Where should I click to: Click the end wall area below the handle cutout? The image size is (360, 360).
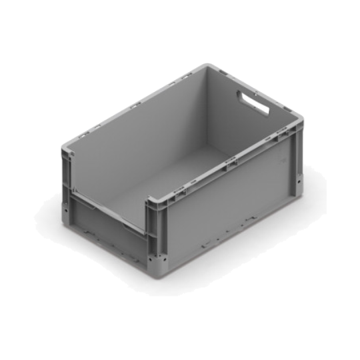[257, 133]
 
